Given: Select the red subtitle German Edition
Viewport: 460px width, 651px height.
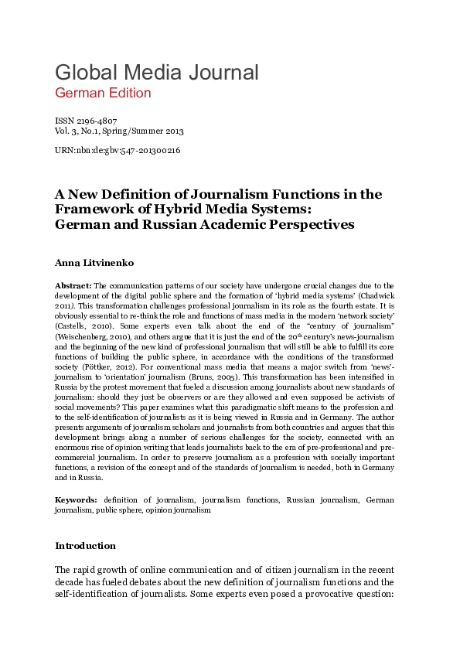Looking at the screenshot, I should click(x=103, y=93).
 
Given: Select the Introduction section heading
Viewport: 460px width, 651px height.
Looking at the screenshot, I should click(x=85, y=546).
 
